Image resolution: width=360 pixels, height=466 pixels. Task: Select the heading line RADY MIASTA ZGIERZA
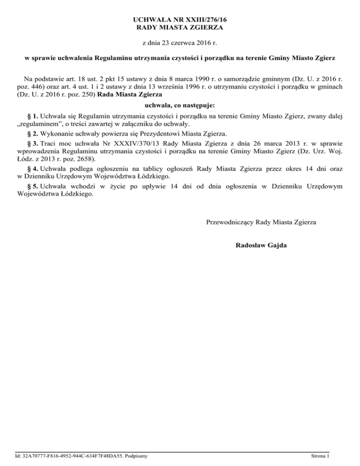click(180, 28)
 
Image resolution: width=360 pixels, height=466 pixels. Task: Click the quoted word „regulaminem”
click(39, 124)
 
